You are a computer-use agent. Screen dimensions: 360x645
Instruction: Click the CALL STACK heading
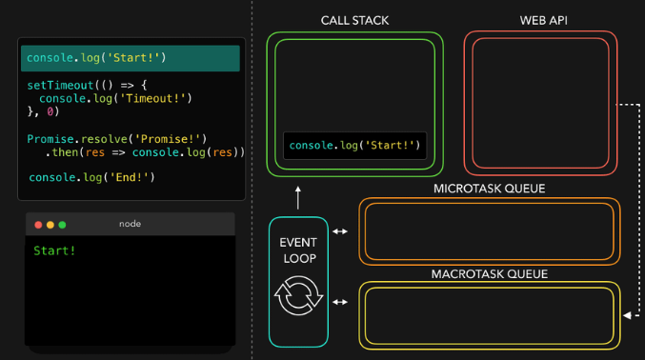point(354,20)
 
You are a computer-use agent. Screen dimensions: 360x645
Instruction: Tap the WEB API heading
point(540,20)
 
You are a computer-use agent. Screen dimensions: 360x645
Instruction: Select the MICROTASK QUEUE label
point(489,189)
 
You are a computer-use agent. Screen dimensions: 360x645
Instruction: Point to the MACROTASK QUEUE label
point(489,274)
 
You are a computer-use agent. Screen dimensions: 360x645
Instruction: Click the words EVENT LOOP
point(298,250)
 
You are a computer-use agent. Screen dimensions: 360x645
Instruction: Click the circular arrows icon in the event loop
point(298,296)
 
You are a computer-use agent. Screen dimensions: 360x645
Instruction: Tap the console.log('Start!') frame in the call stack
point(354,146)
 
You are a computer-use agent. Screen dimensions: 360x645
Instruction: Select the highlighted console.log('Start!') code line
point(96,58)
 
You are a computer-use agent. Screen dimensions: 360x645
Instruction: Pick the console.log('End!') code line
point(91,177)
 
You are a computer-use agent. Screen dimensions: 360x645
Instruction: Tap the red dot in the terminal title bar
point(39,225)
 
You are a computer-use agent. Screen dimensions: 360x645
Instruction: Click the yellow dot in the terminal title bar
point(50,225)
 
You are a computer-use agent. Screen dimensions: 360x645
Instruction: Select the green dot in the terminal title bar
point(63,225)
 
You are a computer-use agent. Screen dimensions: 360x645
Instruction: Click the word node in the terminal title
point(130,224)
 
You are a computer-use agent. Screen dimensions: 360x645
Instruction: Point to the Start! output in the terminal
point(54,250)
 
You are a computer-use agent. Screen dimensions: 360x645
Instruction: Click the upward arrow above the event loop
point(298,198)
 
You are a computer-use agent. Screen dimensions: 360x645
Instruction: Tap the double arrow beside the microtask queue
point(340,230)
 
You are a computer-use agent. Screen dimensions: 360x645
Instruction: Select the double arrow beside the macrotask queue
point(340,302)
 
